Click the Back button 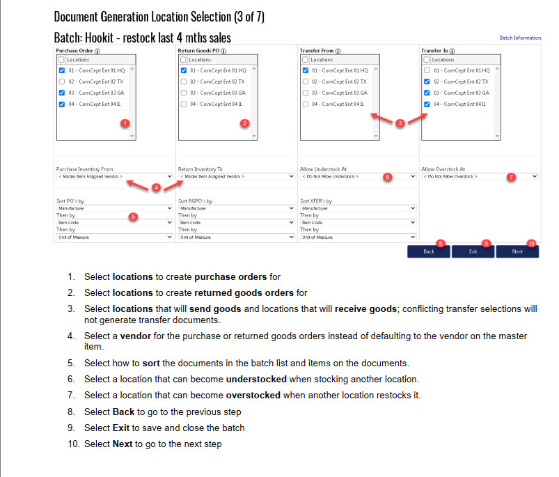tap(428, 251)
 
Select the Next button tap(517, 251)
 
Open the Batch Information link tap(520, 38)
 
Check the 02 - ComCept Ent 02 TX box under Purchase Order tap(62, 81)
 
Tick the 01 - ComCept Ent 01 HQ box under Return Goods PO tap(184, 70)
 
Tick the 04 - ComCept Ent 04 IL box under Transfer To tap(427, 104)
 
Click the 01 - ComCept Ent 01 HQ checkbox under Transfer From tap(306, 70)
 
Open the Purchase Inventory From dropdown tap(115, 177)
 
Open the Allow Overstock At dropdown tap(480, 177)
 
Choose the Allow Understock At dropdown tap(358, 177)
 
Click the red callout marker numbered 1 tap(125, 123)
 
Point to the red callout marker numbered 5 tap(134, 217)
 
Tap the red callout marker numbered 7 tap(511, 177)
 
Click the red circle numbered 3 tap(400, 123)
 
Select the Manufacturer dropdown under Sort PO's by tap(115, 208)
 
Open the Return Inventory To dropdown tap(237, 177)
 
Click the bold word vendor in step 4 tap(136, 336)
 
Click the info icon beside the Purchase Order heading tap(97, 51)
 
